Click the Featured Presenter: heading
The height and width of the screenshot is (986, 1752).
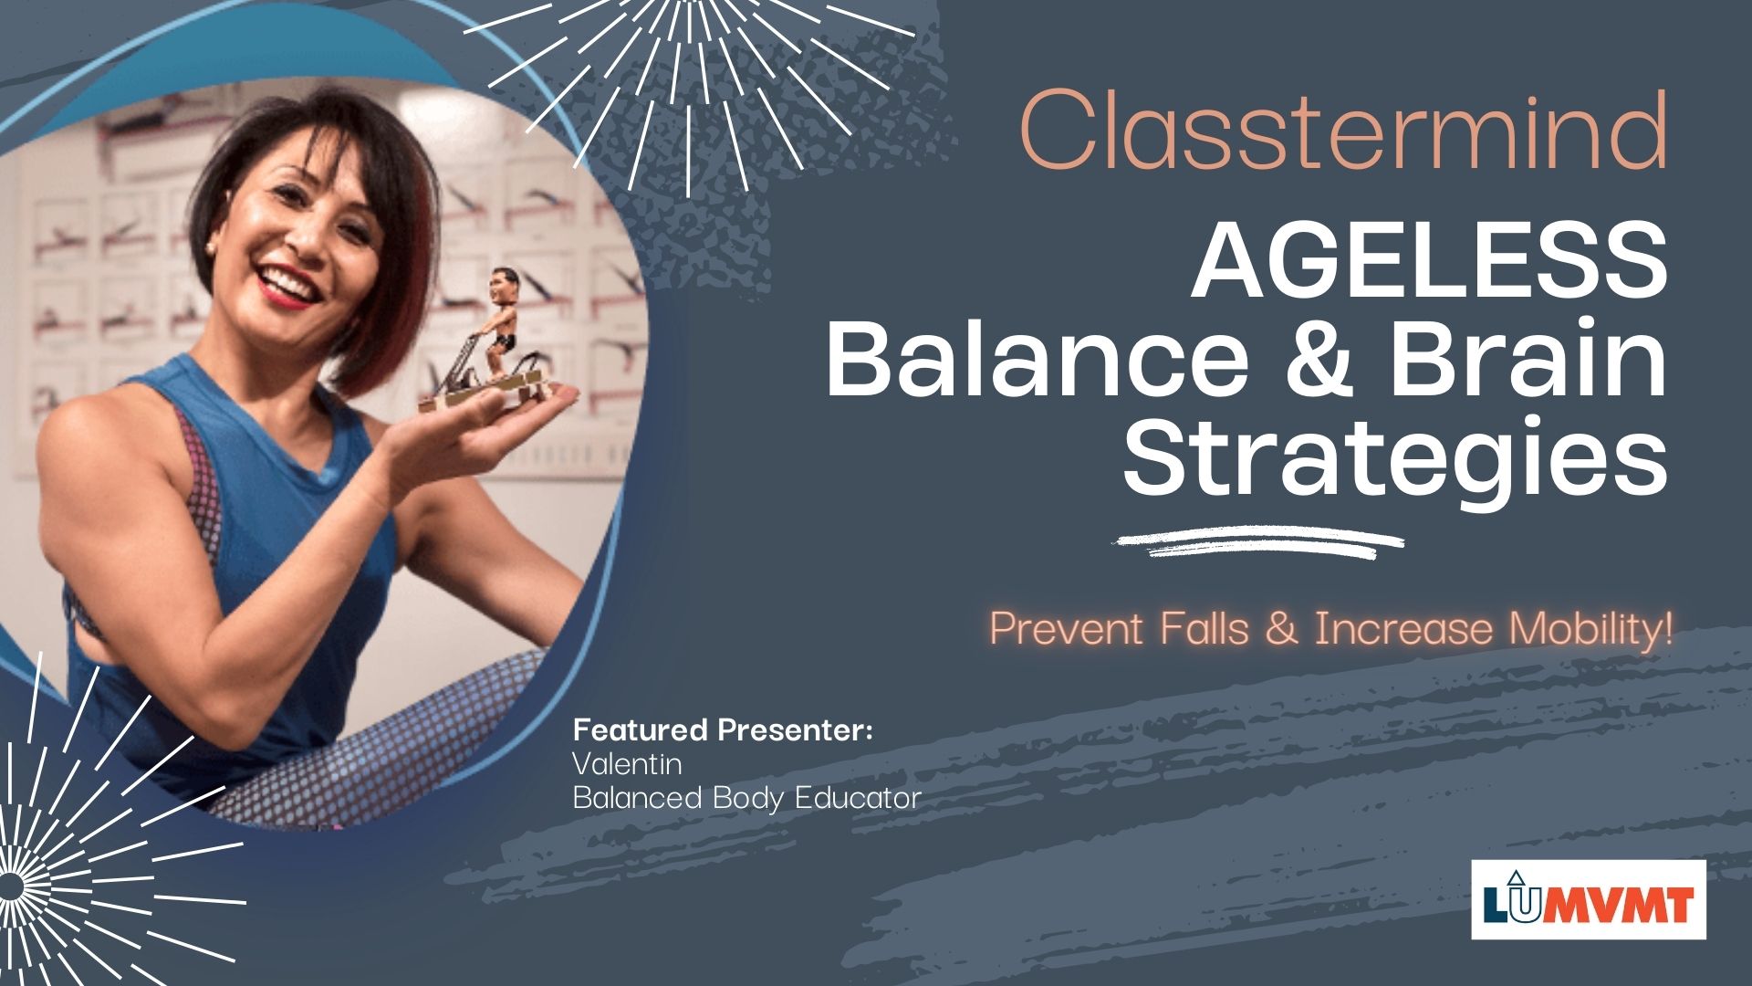(x=723, y=730)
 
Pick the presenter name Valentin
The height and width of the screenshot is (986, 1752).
(x=627, y=763)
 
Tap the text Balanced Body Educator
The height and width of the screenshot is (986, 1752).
(x=746, y=798)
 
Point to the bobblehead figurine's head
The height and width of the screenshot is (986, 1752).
(x=501, y=291)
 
